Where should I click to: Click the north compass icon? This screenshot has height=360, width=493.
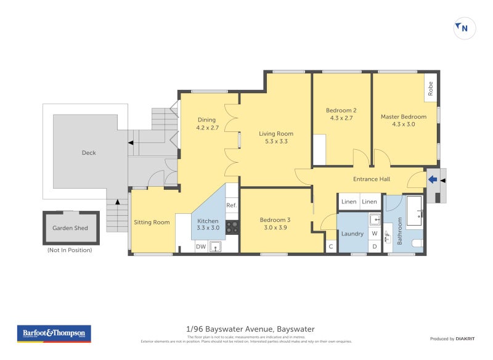tap(465, 28)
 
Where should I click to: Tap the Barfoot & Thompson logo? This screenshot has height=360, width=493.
tap(54, 333)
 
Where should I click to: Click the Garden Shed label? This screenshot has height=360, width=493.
tap(69, 228)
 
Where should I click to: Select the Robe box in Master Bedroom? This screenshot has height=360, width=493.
tap(431, 89)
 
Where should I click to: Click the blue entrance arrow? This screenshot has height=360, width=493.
tap(433, 180)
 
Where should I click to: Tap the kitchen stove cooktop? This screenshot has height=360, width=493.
tap(232, 227)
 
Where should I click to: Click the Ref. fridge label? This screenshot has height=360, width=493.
tap(232, 205)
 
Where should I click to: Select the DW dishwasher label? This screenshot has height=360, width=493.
tap(200, 247)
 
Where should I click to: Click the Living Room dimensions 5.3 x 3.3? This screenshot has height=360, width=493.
tap(275, 141)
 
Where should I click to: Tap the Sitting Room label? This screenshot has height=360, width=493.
tap(152, 223)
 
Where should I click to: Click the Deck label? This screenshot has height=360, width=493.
tap(89, 153)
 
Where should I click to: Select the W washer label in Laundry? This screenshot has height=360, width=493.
tap(375, 234)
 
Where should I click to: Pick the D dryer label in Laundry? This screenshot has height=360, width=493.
tap(375, 247)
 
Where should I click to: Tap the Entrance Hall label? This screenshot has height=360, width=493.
tap(373, 179)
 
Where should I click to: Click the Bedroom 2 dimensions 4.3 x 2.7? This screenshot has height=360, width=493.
tap(341, 118)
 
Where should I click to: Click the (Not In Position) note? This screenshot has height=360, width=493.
tap(70, 250)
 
